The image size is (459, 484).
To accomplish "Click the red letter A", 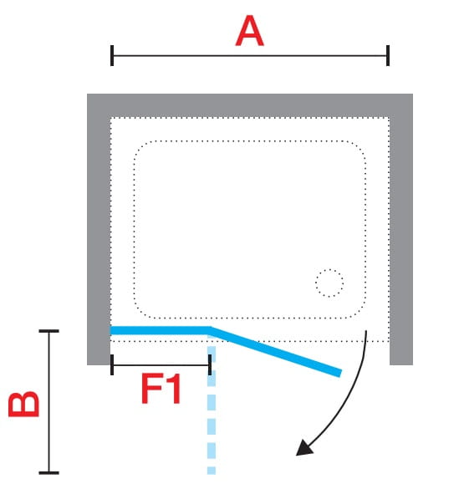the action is pyautogui.click(x=249, y=31).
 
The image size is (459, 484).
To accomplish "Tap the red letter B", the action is pyautogui.click(x=24, y=404).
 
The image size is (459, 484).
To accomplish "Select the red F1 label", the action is pyautogui.click(x=161, y=389).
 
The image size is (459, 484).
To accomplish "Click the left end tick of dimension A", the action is pyautogui.click(x=112, y=55).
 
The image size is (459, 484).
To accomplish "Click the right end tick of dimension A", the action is pyautogui.click(x=388, y=55).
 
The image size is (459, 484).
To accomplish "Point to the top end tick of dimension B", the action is pyautogui.click(x=48, y=331).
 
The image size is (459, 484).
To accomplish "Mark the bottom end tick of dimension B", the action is pyautogui.click(x=48, y=473).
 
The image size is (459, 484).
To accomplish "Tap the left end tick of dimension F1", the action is pyautogui.click(x=112, y=364).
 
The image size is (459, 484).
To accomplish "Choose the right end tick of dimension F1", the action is pyautogui.click(x=210, y=364).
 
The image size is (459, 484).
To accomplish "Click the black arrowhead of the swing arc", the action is pyautogui.click(x=304, y=448).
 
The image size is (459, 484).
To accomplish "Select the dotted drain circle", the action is pyautogui.click(x=329, y=283).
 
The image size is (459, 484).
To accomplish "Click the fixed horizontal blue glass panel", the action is pyautogui.click(x=160, y=330).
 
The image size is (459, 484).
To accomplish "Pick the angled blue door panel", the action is pyautogui.click(x=275, y=352).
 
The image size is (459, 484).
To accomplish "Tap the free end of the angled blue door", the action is pyautogui.click(x=340, y=373).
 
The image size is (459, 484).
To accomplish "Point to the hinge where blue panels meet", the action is pyautogui.click(x=210, y=330).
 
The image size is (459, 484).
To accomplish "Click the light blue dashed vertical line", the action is pyautogui.click(x=212, y=410).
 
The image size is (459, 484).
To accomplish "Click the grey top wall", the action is pyautogui.click(x=250, y=105).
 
